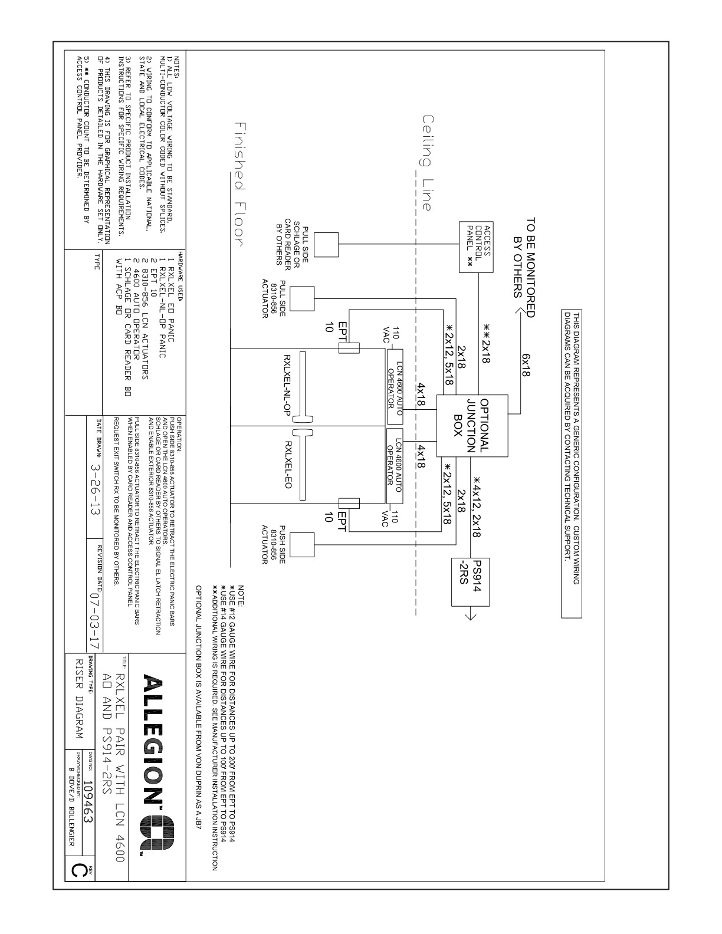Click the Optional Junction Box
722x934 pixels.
[472, 425]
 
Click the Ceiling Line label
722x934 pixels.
[428, 162]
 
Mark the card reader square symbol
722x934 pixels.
[326, 244]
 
